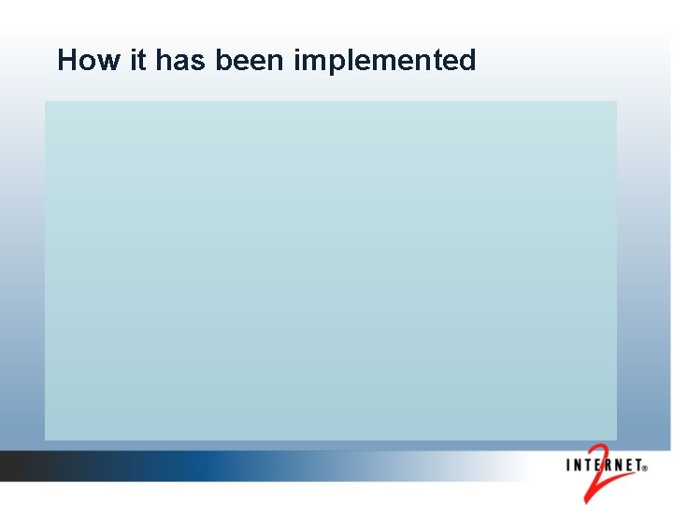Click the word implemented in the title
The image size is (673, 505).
click(x=385, y=61)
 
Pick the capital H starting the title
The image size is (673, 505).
click(x=66, y=61)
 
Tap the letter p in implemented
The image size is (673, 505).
click(x=328, y=64)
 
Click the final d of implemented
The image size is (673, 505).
click(x=467, y=61)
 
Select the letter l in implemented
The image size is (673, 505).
click(x=343, y=61)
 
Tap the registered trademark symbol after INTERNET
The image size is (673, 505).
click(x=644, y=471)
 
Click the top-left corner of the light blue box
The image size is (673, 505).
click(x=46, y=102)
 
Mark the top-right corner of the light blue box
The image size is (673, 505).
click(x=616, y=102)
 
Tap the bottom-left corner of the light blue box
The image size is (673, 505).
click(x=46, y=439)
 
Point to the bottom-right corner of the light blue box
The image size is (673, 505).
click(x=616, y=439)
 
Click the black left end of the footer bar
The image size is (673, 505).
click(x=14, y=466)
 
